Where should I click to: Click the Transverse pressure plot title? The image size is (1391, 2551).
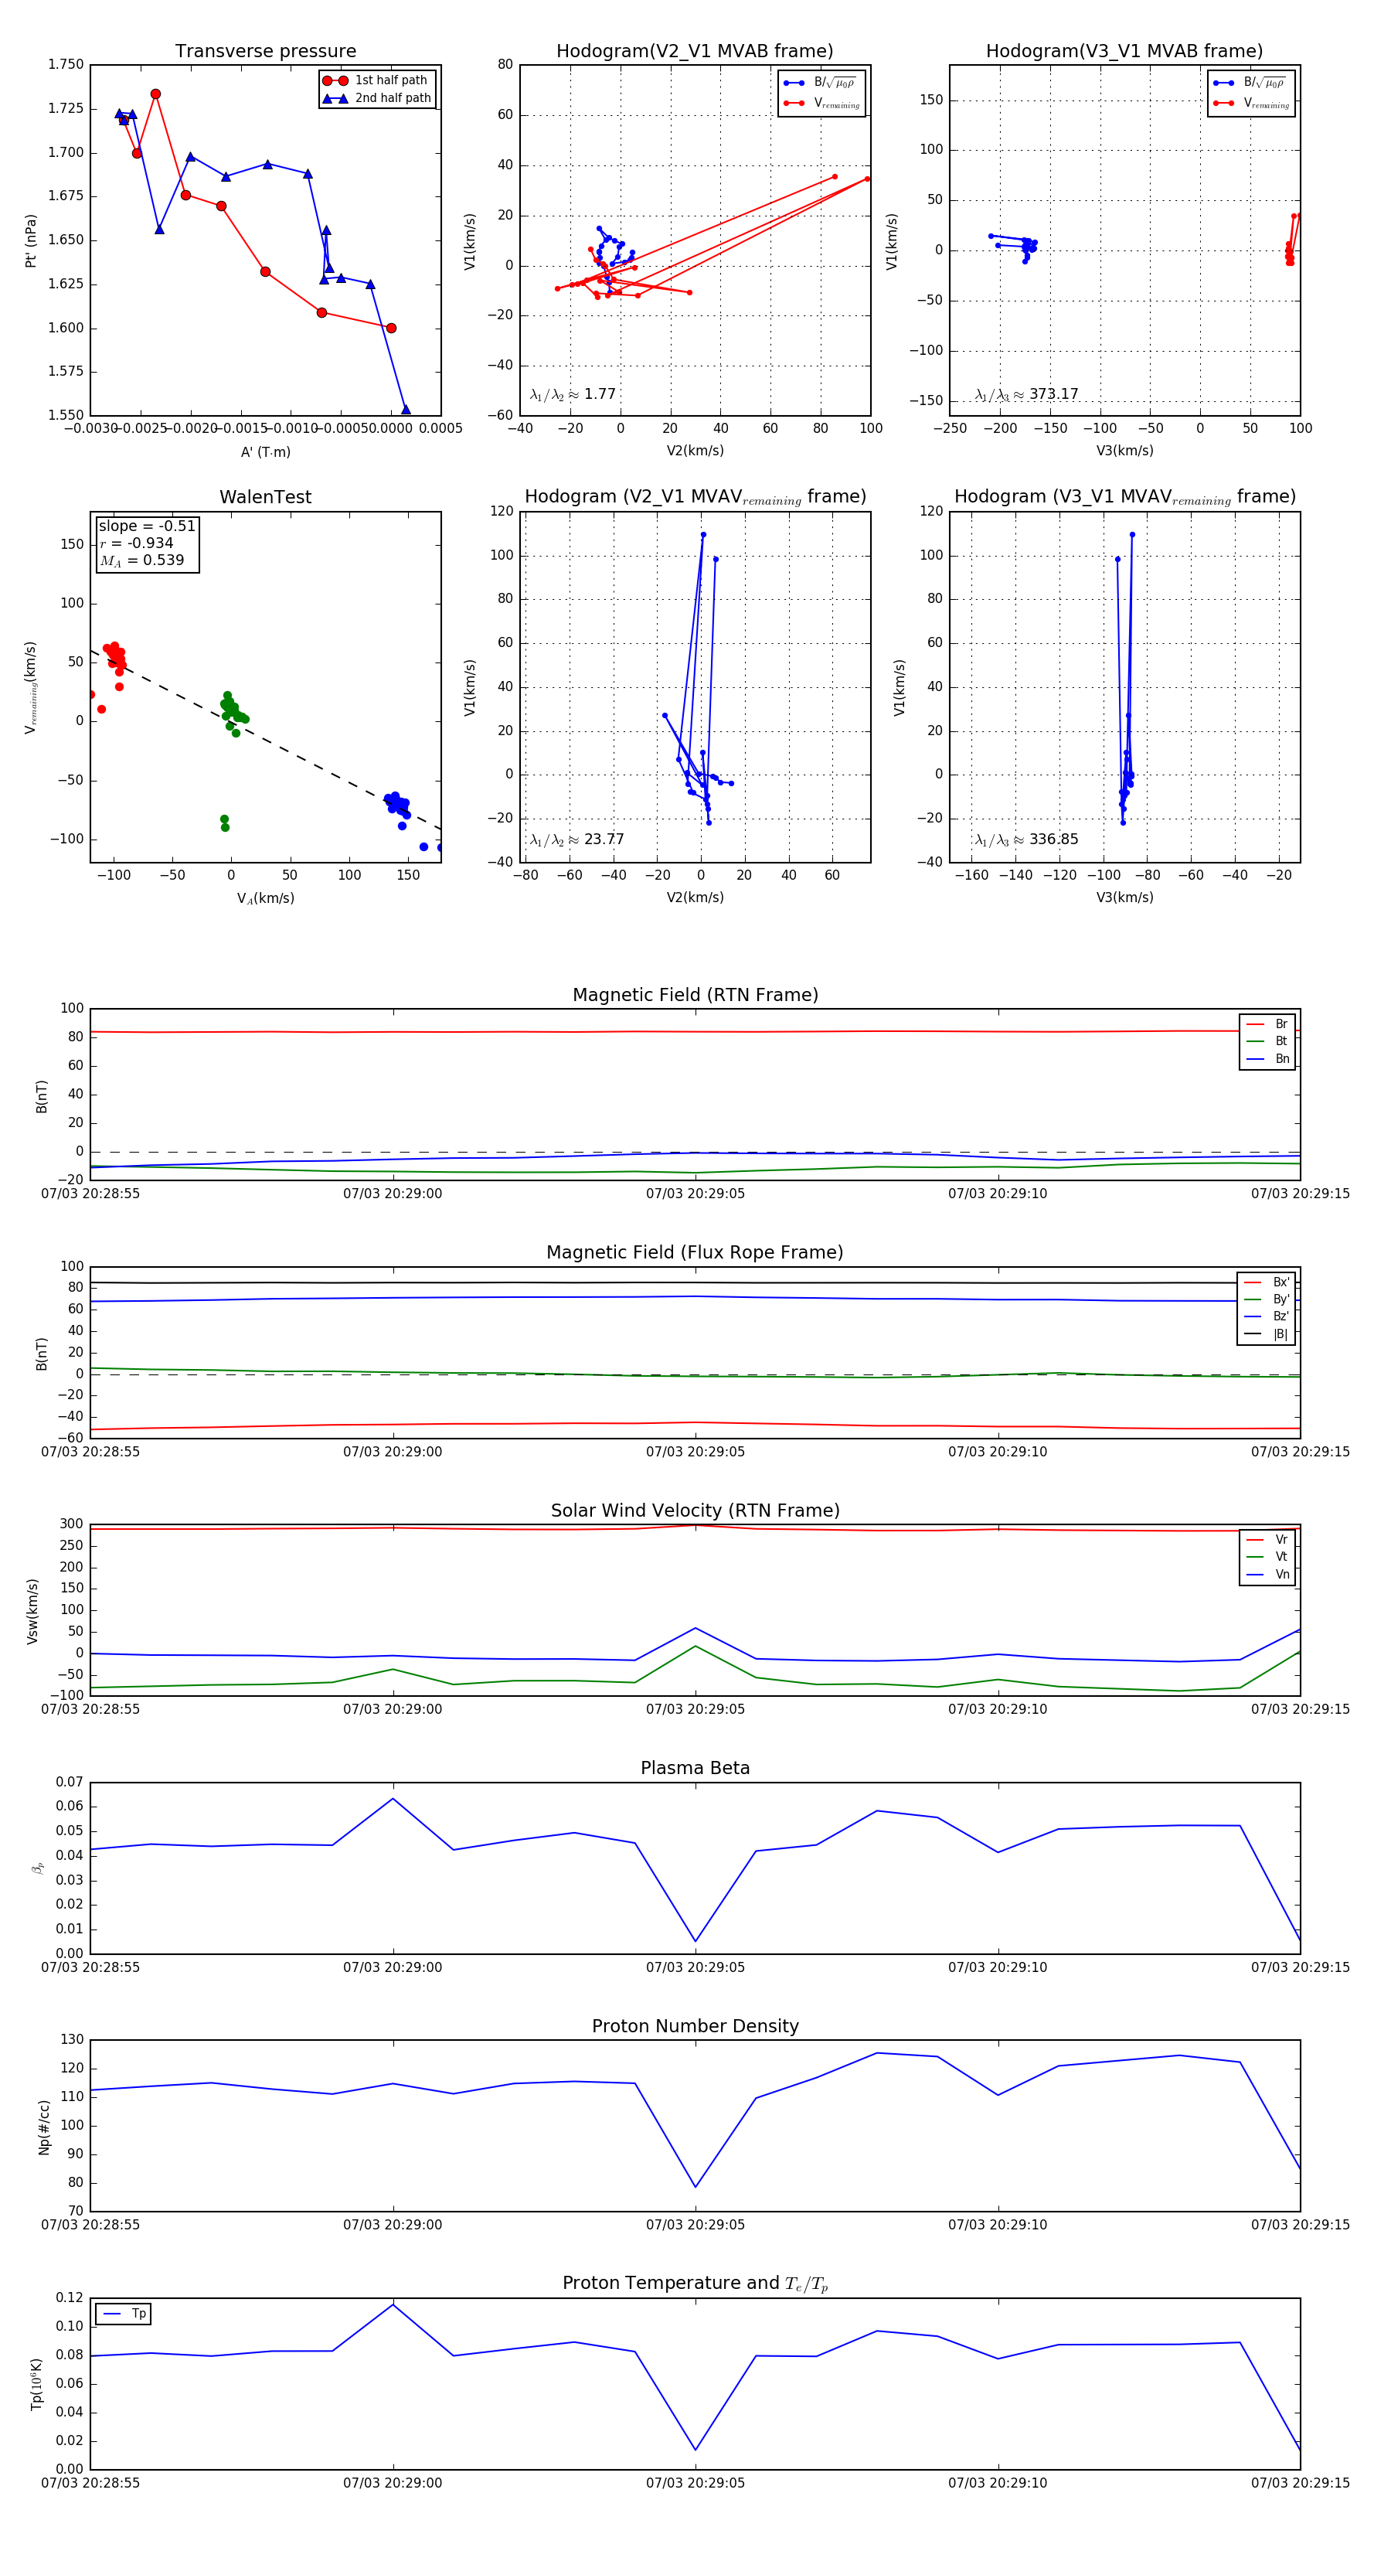(x=265, y=50)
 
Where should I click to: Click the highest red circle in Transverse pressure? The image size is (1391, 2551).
(x=155, y=94)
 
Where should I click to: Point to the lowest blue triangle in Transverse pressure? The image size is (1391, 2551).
(x=405, y=409)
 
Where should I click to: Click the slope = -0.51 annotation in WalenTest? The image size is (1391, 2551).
(x=147, y=526)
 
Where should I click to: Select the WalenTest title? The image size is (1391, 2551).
(x=265, y=497)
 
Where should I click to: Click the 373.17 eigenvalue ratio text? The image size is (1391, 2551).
(x=1053, y=394)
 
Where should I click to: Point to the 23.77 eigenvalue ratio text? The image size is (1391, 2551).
(x=603, y=840)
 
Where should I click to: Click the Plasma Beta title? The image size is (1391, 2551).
(x=695, y=1768)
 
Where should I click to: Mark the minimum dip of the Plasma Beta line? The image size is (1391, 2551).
(x=695, y=1941)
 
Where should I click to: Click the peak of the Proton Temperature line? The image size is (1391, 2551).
(x=393, y=2304)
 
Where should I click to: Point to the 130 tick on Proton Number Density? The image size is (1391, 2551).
(x=73, y=2040)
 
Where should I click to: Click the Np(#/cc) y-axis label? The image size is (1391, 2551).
(x=43, y=2126)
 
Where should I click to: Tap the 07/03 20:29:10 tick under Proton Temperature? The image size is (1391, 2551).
(x=997, y=2483)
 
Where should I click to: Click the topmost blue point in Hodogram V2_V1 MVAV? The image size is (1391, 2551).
(x=703, y=535)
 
